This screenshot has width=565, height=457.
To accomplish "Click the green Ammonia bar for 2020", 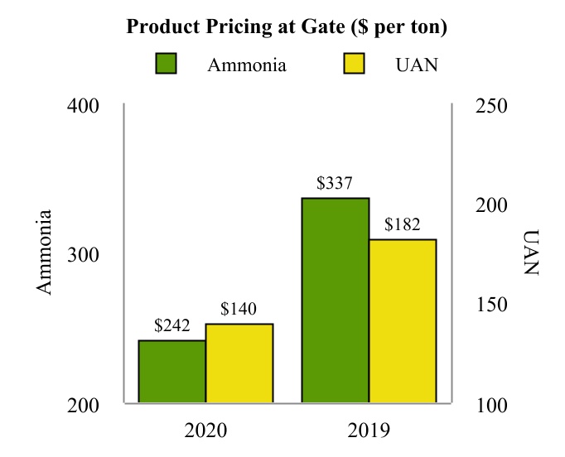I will [171, 372].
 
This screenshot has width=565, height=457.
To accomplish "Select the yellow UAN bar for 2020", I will [239, 363].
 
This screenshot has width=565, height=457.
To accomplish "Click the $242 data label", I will [171, 326].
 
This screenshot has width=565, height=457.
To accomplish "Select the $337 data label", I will [335, 184].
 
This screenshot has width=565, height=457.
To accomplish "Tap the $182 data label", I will [403, 224].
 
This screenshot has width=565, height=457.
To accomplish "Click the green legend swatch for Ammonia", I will [167, 65].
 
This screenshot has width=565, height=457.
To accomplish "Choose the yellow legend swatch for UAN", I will [354, 65].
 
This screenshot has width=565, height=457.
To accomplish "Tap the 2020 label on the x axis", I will [205, 431].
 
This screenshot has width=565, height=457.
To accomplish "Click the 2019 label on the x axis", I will [368, 431].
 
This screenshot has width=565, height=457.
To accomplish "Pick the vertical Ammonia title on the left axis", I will [45, 252].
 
